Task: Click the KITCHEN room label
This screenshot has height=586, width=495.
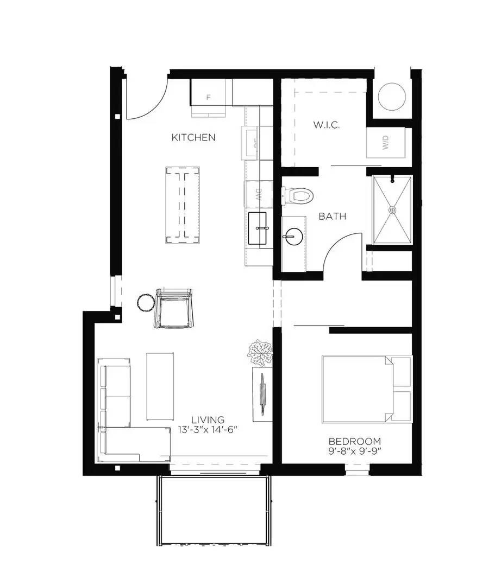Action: [x=193, y=138]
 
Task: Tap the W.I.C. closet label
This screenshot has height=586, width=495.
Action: [x=326, y=125]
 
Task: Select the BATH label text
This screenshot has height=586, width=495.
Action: [x=333, y=216]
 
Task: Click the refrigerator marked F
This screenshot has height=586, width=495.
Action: [x=209, y=97]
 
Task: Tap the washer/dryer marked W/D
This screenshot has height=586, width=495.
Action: [x=385, y=143]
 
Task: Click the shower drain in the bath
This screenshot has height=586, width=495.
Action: [x=391, y=209]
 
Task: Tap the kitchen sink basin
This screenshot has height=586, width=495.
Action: [x=258, y=228]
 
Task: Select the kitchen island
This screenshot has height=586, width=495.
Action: [x=183, y=205]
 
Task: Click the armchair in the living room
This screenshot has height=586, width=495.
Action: [x=174, y=308]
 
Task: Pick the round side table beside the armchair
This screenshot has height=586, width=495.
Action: [x=146, y=302]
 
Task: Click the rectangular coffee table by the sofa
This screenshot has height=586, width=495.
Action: [x=160, y=386]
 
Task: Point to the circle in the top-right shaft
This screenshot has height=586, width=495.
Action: [x=391, y=97]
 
